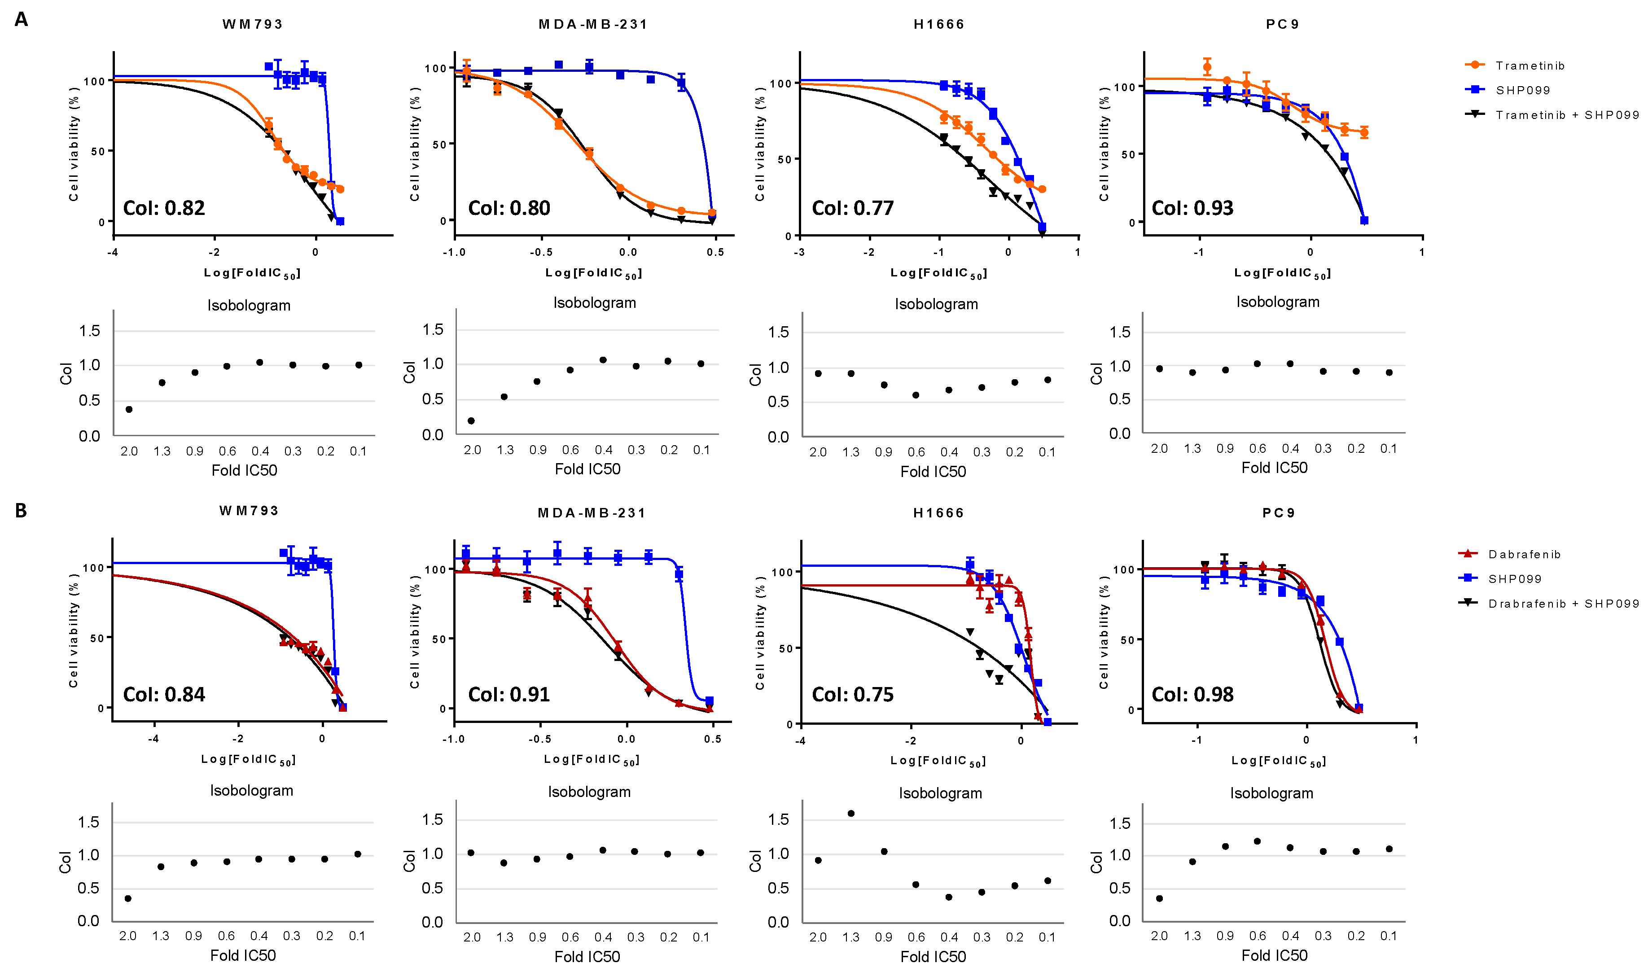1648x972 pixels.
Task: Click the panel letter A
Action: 21,20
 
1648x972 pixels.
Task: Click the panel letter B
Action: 21,510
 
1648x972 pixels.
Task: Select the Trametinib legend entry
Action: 1530,66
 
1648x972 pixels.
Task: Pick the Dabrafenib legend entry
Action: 1524,554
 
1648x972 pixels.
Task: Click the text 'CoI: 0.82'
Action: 164,208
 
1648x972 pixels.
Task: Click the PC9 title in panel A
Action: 1282,24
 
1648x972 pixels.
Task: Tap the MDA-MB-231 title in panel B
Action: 592,513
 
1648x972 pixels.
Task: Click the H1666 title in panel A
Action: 938,24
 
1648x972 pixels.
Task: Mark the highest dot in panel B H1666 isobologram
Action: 851,814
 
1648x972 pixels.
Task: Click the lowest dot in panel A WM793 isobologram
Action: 129,409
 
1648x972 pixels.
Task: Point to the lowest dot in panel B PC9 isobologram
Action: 1159,899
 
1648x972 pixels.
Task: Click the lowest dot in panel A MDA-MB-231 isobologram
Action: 471,420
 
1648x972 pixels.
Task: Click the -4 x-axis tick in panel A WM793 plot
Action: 113,252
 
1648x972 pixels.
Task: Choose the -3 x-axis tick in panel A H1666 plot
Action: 799,252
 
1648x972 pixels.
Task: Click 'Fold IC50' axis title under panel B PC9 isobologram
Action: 1274,956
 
